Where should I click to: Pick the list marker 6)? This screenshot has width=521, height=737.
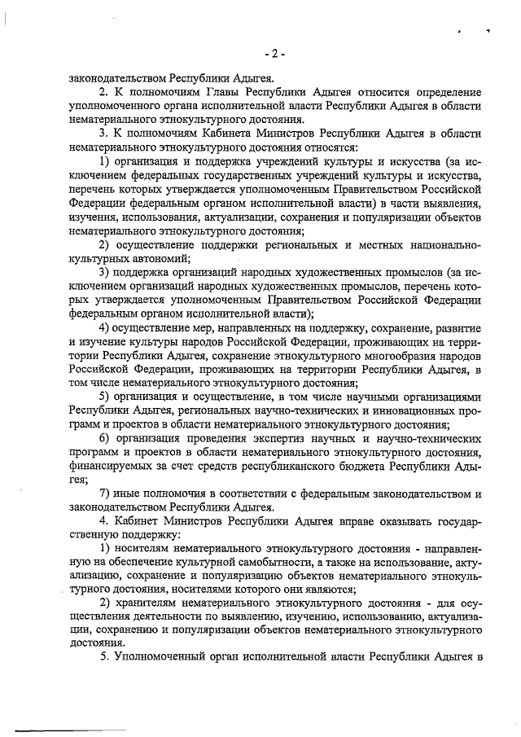(104, 439)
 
